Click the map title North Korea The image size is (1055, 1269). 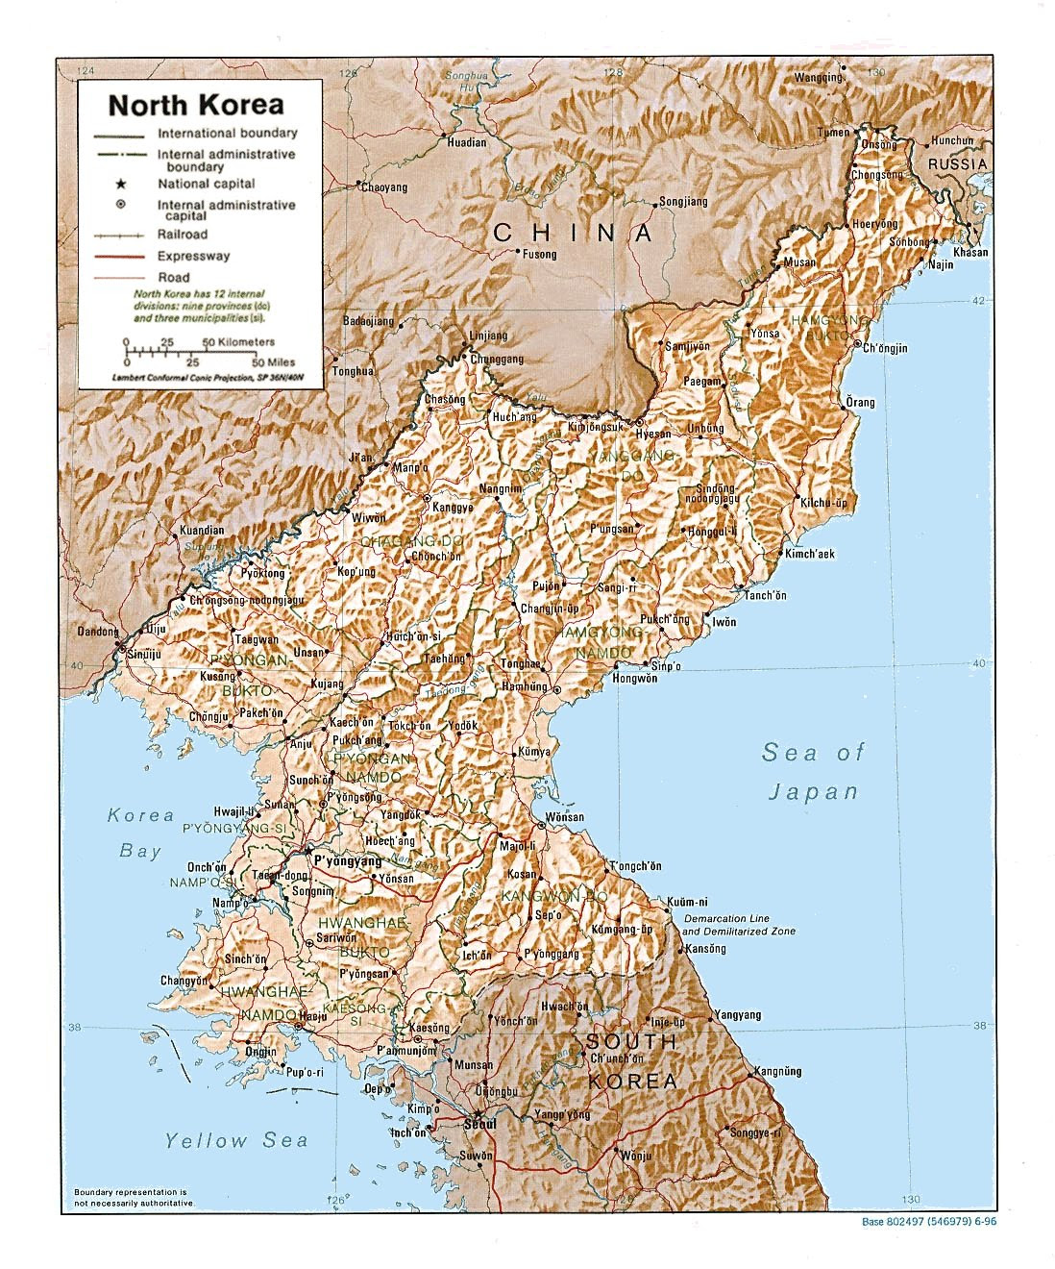coord(195,104)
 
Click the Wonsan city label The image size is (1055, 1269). coord(564,817)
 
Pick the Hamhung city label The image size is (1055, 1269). coord(524,687)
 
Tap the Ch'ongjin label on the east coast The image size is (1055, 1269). coord(885,348)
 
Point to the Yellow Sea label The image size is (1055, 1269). coord(235,1141)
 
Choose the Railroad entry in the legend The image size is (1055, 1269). coord(183,235)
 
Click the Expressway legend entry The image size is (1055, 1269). coord(193,257)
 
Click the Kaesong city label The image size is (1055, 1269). coord(429,1028)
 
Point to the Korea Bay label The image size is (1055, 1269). coord(140,833)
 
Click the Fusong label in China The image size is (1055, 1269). coord(539,255)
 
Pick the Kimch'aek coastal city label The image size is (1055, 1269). coord(810,554)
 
